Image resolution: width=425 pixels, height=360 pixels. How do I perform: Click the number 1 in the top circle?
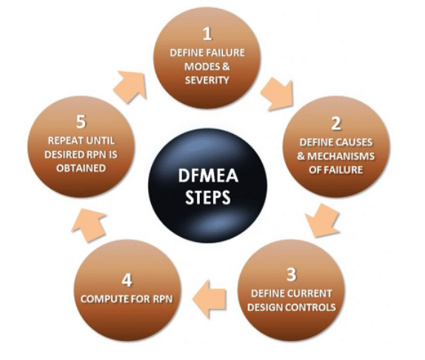click(x=207, y=34)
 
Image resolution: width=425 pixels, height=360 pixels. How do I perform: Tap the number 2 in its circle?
click(x=336, y=124)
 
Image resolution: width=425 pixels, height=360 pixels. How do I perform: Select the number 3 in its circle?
click(x=292, y=274)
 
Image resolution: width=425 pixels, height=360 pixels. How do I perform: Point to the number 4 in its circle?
click(x=127, y=280)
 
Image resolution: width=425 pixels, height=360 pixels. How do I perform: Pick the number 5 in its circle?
click(x=81, y=121)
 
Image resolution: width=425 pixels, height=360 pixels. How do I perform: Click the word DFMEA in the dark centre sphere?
click(x=208, y=176)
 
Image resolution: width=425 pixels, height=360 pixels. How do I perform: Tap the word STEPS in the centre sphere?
click(x=208, y=197)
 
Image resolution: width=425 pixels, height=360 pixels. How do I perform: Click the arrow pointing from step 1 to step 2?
click(x=278, y=94)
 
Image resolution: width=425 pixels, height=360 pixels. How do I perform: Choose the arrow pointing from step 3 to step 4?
click(x=209, y=299)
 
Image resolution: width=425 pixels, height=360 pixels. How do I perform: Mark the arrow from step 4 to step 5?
click(x=89, y=224)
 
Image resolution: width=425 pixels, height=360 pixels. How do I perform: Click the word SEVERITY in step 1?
click(x=207, y=80)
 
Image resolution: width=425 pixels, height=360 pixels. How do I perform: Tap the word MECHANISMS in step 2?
click(x=341, y=156)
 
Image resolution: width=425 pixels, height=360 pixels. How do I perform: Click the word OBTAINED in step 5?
click(x=81, y=168)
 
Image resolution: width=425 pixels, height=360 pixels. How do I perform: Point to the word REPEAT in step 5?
click(x=65, y=141)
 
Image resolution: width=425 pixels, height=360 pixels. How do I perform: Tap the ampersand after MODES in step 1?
click(x=226, y=67)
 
